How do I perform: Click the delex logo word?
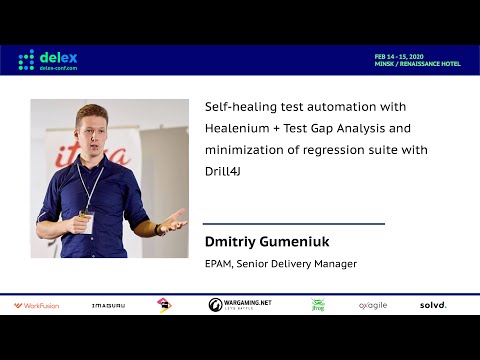60,55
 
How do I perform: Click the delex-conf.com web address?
62,68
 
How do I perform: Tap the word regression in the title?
345,150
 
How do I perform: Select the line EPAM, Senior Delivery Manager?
280,264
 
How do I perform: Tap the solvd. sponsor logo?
433,305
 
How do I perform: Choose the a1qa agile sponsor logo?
372,305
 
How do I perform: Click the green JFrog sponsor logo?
318,305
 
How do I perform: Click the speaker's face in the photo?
93,132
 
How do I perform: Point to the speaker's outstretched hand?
173,220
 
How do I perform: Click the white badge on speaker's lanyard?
88,223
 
